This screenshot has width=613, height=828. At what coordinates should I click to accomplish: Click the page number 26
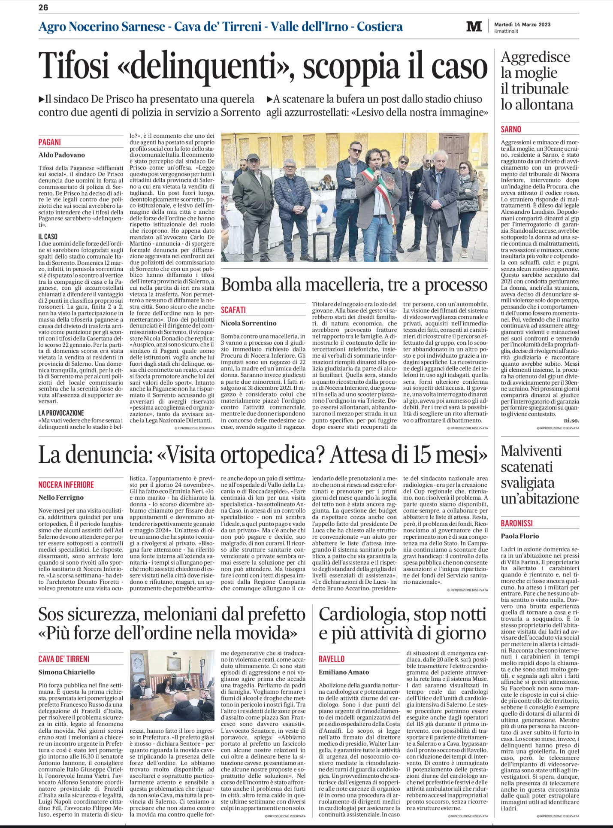[43, 7]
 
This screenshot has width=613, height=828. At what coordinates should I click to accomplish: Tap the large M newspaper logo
[474, 27]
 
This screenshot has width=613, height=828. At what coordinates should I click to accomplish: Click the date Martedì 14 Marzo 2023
[522, 24]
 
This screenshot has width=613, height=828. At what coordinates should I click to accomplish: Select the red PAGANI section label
[50, 142]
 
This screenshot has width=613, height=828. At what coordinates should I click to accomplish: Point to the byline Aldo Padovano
[62, 155]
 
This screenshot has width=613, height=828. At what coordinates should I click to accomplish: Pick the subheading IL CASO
[48, 237]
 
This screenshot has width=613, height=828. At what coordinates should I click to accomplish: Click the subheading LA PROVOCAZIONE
[61, 413]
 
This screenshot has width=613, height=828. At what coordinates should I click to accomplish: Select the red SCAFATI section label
[233, 310]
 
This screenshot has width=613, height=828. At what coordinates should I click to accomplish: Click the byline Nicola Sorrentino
[249, 323]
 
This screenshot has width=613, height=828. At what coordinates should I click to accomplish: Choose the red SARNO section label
[511, 129]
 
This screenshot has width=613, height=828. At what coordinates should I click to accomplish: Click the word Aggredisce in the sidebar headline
[535, 57]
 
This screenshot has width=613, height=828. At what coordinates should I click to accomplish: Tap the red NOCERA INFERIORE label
[66, 485]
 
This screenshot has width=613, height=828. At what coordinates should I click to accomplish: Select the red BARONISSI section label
[517, 523]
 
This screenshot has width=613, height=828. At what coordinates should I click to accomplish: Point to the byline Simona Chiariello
[66, 672]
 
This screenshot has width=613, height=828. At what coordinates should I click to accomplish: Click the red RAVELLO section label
[332, 659]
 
